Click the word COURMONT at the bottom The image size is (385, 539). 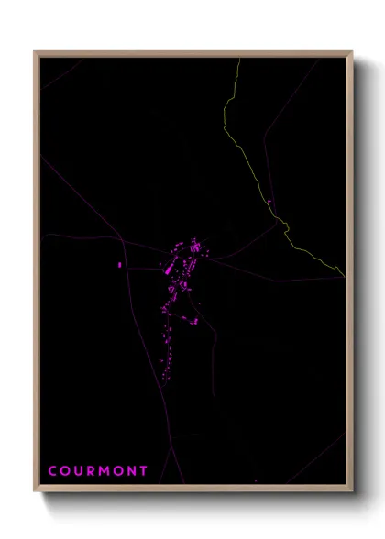tap(98, 471)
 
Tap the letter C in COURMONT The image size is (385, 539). tap(52, 471)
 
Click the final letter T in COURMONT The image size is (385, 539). tap(144, 471)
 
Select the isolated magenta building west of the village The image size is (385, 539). tap(119, 265)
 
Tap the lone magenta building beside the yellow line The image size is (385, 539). tap(269, 202)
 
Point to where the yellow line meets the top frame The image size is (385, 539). tap(238, 59)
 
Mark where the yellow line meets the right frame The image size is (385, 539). tap(345, 276)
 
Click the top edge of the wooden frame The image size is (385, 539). tap(192, 53)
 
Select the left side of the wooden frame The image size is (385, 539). tap(37, 275)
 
